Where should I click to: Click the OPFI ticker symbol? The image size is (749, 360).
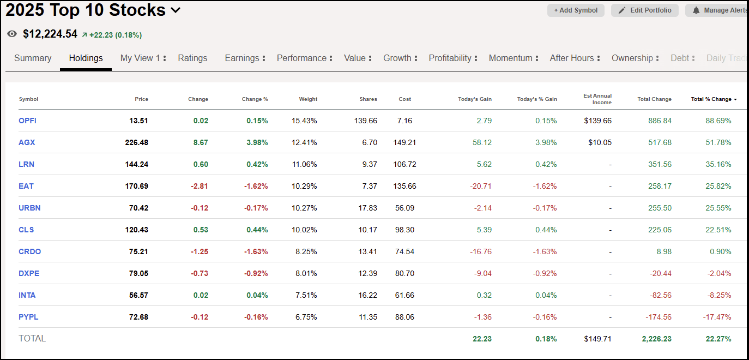[x=27, y=121]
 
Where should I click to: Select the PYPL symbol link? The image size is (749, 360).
[x=28, y=317]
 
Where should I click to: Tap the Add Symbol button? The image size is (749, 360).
[x=576, y=10]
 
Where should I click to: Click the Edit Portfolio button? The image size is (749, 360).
[x=645, y=10]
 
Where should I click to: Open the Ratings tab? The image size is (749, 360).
[x=192, y=58]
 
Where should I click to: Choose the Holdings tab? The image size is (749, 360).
[x=86, y=58]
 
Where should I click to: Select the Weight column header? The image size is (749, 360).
[x=308, y=99]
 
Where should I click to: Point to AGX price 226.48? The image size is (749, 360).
[x=136, y=142]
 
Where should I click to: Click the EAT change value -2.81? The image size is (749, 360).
[x=199, y=186]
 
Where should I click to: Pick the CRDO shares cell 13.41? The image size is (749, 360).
[x=367, y=251]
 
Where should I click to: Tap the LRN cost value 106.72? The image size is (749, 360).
[x=404, y=164]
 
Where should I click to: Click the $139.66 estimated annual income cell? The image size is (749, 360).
[x=600, y=121]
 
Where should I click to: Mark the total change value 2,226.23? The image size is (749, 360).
[x=656, y=339]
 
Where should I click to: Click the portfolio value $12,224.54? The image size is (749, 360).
[x=50, y=34]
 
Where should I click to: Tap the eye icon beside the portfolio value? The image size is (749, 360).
[x=12, y=34]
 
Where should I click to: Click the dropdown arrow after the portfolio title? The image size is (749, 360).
[x=176, y=10]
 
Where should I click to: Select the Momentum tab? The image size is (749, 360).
[x=510, y=58]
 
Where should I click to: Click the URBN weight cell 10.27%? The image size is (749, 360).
[x=304, y=208]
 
